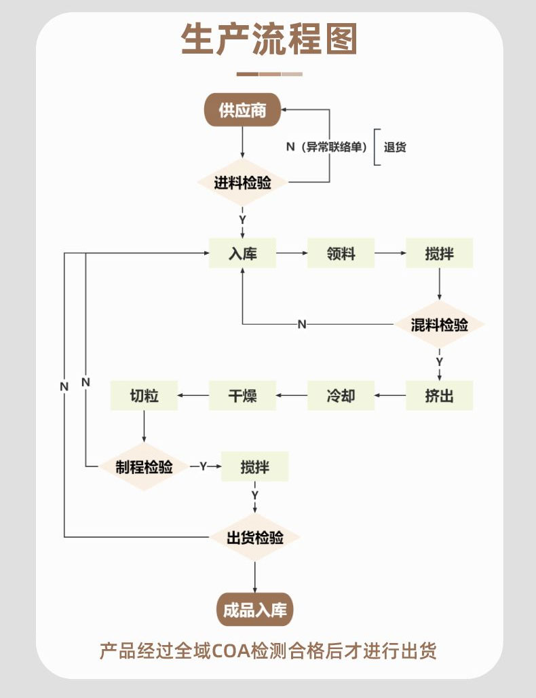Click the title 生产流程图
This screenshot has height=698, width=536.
tap(269, 40)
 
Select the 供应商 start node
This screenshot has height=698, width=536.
tap(242, 109)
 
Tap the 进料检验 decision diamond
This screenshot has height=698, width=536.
tap(242, 183)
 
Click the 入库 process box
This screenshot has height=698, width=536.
tap(242, 253)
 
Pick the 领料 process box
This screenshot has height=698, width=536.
tap(341, 253)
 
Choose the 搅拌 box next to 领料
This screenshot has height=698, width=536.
tap(439, 253)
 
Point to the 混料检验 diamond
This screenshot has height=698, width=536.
tap(439, 325)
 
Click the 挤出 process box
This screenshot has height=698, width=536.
tap(439, 395)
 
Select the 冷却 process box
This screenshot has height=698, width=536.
tap(341, 395)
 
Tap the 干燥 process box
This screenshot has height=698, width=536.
tap(242, 395)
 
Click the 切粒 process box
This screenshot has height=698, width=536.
tap(144, 395)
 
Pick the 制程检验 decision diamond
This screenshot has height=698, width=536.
tap(144, 466)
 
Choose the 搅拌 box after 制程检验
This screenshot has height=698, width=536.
tap(254, 466)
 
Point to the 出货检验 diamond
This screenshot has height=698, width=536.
tap(254, 538)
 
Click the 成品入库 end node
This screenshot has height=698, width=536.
tap(254, 609)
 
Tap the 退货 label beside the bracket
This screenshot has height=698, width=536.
tap(395, 147)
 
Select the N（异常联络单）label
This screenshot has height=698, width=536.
tap(326, 147)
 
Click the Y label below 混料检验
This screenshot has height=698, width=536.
tap(439, 361)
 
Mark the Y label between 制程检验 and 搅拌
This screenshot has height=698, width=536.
tap(202, 466)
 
